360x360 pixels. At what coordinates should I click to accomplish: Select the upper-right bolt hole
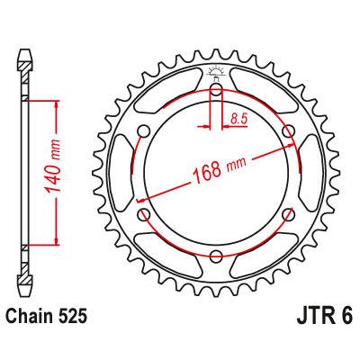click(x=288, y=131)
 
